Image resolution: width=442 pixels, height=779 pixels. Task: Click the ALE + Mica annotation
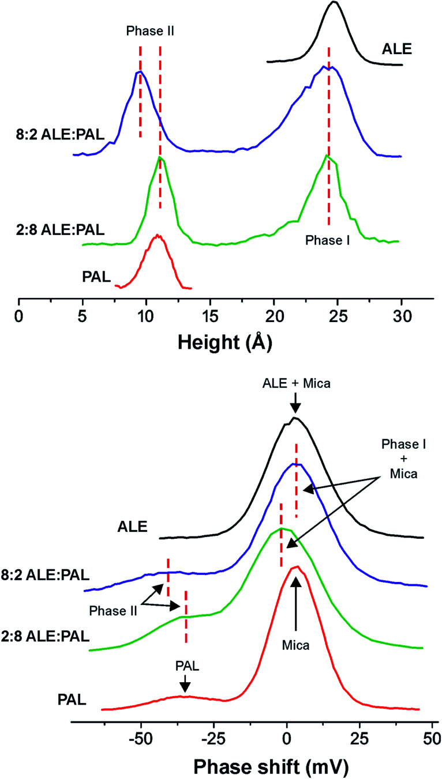pyautogui.click(x=295, y=397)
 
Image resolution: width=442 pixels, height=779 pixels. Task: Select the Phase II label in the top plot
pyautogui.click(x=150, y=33)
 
